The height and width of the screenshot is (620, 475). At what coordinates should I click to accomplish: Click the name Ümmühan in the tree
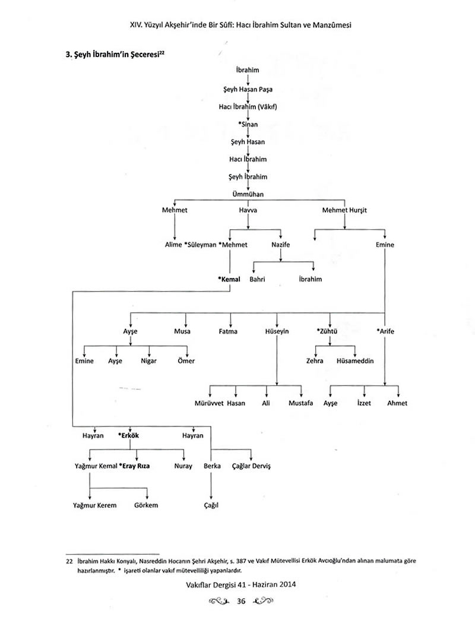tap(248, 194)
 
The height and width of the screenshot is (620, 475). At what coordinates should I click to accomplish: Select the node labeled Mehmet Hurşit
tap(345, 210)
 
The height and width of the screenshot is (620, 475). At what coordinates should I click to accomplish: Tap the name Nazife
tap(281, 245)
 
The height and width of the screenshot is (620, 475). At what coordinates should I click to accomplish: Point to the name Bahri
tap(257, 279)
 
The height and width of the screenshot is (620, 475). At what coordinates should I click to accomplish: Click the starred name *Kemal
tap(229, 279)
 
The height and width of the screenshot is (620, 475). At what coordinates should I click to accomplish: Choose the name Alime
tap(173, 245)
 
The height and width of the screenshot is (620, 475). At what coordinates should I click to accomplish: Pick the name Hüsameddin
tap(355, 361)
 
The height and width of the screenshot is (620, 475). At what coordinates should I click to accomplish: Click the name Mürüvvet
tap(210, 403)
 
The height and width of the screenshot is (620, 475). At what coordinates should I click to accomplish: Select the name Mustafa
tap(300, 403)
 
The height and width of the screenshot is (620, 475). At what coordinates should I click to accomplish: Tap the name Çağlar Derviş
tap(251, 467)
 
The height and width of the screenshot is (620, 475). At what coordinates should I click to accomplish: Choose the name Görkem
tap(146, 505)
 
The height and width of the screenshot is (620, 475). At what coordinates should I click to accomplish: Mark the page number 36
tap(241, 601)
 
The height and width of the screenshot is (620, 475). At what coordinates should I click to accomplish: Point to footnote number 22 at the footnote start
tap(69, 560)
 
